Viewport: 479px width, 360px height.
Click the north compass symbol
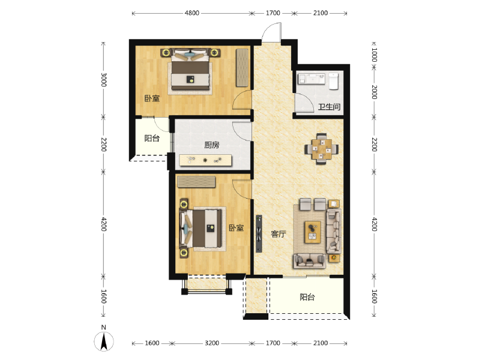[x=104, y=340]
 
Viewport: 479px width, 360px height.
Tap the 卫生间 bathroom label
[x=329, y=107]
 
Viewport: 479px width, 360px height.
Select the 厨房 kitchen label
[x=212, y=145]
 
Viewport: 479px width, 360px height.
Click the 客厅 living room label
[x=279, y=234]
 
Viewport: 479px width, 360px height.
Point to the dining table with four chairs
[x=321, y=149]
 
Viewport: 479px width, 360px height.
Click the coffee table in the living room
[x=313, y=232]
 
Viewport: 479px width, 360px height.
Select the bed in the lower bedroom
[x=202, y=228]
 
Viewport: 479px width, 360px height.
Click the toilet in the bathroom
[x=334, y=80]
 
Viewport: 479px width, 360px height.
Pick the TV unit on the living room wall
[x=259, y=233]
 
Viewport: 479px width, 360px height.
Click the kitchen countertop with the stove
[x=205, y=160]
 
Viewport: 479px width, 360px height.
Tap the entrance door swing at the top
[x=271, y=32]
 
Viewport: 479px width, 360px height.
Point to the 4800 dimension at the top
[x=192, y=13]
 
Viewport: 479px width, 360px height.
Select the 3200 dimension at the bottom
[x=212, y=343]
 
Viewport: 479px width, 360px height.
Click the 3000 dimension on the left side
[x=104, y=79]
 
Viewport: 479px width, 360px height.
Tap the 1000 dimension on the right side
[x=374, y=55]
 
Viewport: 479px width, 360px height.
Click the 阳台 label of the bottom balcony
[x=307, y=297]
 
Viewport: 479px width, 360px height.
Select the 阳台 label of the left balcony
[x=152, y=139]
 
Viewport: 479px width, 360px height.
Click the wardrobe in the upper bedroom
[x=242, y=67]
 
